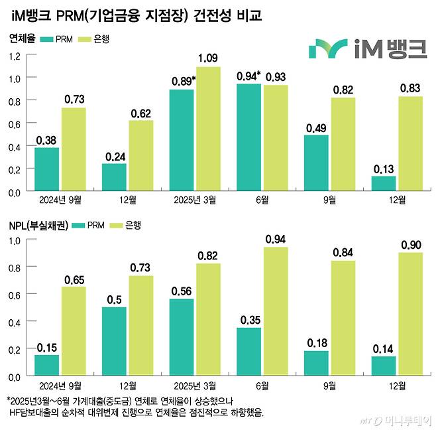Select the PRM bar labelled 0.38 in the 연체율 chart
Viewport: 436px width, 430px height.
click(47, 169)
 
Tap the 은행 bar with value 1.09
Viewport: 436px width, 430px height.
click(208, 129)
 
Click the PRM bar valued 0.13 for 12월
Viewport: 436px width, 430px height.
click(383, 183)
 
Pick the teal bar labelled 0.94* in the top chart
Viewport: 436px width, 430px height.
click(248, 137)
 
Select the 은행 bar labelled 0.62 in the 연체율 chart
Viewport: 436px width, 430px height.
click(140, 155)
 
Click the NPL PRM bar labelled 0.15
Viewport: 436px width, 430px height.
click(47, 365)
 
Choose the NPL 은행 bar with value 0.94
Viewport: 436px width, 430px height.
click(275, 311)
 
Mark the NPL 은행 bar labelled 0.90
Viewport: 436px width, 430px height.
click(409, 313)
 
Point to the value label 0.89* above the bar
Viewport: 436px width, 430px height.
click(182, 81)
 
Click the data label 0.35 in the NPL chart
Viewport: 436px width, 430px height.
click(248, 320)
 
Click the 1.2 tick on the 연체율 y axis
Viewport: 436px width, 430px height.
click(14, 56)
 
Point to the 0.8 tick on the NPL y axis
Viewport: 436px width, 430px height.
click(14, 267)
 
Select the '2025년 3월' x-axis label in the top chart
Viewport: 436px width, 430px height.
click(195, 198)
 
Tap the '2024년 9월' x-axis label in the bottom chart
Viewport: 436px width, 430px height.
click(60, 385)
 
